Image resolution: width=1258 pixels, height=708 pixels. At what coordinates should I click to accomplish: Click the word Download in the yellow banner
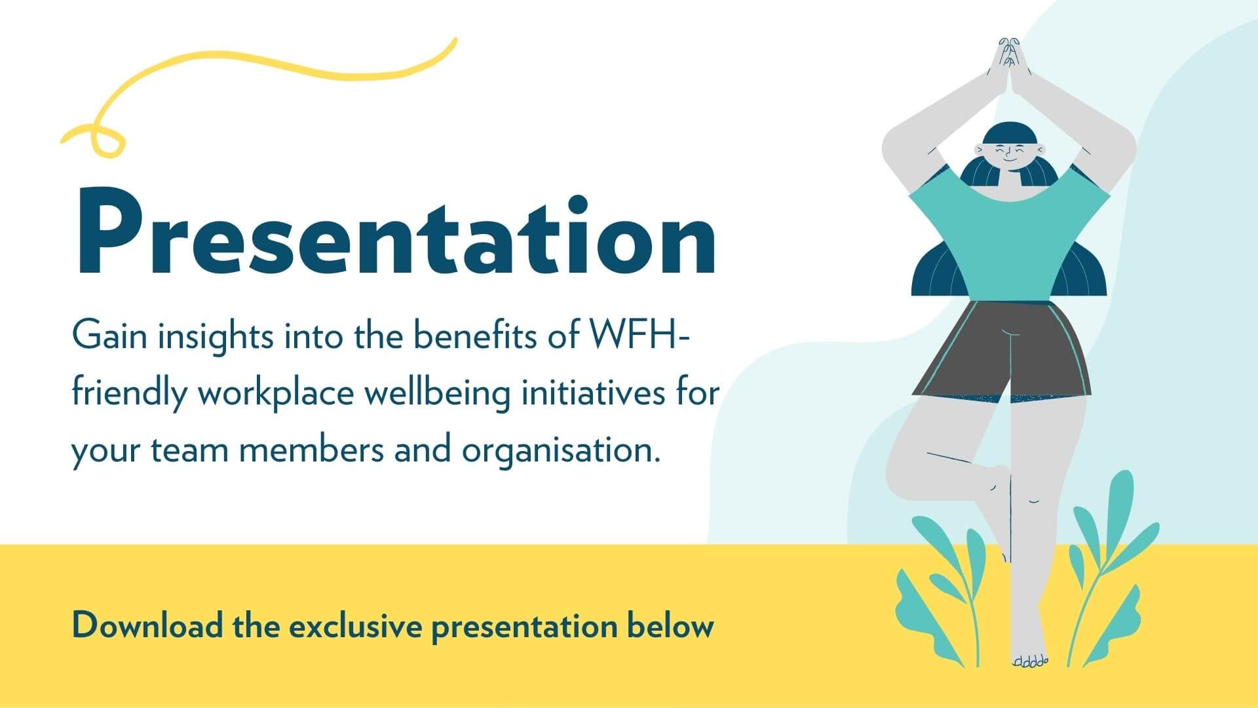(147, 625)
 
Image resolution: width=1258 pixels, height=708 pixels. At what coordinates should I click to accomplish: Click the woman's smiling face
(1008, 156)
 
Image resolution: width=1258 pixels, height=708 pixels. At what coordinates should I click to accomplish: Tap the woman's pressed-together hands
(1008, 66)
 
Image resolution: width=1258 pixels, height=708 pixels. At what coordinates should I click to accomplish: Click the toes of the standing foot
(1030, 661)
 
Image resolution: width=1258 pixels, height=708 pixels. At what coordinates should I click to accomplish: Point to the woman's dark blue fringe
(1008, 134)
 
